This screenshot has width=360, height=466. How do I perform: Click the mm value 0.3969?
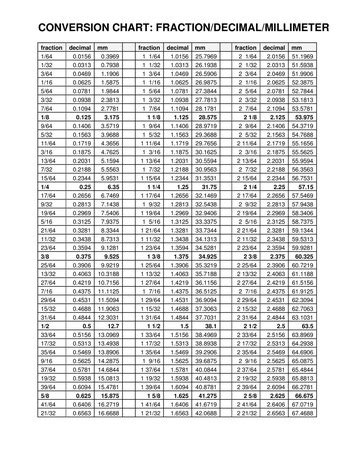click(x=86, y=58)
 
